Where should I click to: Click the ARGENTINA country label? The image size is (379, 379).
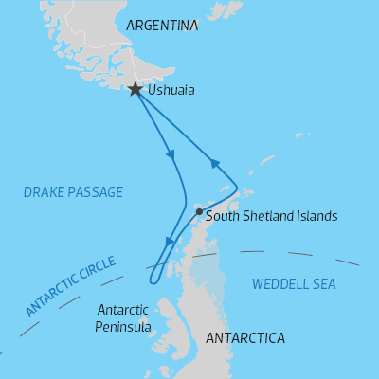pyautogui.click(x=162, y=26)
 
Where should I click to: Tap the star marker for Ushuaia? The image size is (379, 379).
pyautogui.click(x=135, y=89)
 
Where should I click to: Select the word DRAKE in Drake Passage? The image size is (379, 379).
pyautogui.click(x=45, y=192)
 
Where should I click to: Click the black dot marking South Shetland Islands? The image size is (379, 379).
pyautogui.click(x=199, y=212)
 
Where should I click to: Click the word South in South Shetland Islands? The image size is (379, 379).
pyautogui.click(x=223, y=216)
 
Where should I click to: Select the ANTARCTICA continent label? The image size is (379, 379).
pyautogui.click(x=244, y=338)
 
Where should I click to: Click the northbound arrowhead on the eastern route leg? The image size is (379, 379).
pyautogui.click(x=215, y=164)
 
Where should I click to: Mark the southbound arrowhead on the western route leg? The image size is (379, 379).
pyautogui.click(x=171, y=154)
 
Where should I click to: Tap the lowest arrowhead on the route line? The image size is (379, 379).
pyautogui.click(x=169, y=243)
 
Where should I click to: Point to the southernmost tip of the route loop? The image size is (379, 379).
pyautogui.click(x=152, y=281)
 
